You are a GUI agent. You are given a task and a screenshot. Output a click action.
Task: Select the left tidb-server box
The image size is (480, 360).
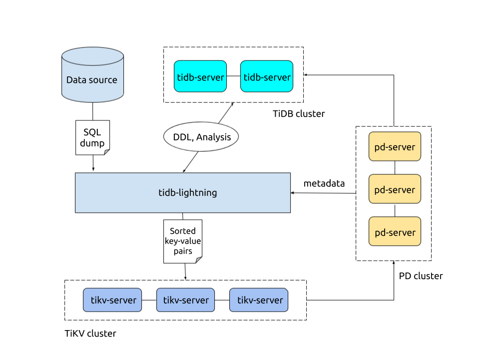point(200,76)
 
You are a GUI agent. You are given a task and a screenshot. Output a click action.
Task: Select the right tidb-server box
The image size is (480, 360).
point(267,76)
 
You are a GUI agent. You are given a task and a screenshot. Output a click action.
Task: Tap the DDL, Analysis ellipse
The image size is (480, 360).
point(201,137)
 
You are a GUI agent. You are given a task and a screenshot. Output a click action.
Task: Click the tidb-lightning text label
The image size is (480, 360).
point(187,193)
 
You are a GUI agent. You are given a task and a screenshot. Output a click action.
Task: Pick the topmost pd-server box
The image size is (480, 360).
point(395,147)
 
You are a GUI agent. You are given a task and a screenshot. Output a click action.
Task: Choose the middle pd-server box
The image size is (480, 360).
point(395,189)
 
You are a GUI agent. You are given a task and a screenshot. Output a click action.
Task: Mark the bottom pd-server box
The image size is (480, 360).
point(395,232)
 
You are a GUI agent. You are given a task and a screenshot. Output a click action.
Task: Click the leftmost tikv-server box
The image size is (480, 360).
point(112,300)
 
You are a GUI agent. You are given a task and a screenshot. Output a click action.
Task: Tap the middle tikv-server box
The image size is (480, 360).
point(186,300)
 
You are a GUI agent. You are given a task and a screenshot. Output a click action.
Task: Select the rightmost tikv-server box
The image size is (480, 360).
point(259,300)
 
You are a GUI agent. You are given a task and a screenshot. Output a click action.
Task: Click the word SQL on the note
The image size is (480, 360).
point(92,132)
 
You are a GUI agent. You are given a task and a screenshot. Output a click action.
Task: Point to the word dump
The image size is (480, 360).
point(92,143)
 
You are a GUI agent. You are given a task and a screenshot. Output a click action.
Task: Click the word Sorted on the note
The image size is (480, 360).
point(183,231)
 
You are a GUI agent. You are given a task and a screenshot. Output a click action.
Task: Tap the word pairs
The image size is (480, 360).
point(183,251)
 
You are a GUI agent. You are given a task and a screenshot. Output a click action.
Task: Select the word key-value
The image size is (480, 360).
point(183,241)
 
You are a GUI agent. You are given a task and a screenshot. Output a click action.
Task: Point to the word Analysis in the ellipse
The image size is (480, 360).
point(213,137)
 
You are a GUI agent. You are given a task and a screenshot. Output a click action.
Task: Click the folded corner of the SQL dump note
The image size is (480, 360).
point(106,152)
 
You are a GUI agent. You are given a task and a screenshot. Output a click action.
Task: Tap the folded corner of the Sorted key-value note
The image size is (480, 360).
point(199,260)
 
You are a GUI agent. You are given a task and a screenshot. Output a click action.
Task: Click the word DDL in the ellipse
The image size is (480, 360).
point(182,137)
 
